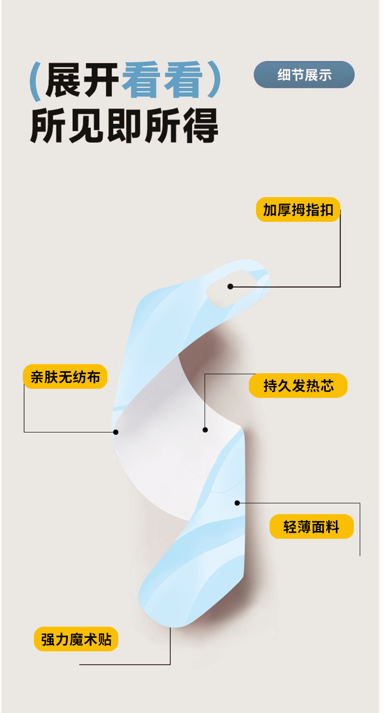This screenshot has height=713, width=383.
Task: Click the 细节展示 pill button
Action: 304,75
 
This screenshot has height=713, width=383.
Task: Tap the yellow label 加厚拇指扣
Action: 298,210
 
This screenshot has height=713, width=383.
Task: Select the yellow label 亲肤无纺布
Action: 64,377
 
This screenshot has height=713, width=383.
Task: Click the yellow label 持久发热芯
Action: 298,386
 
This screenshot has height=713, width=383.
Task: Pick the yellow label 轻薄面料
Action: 311,527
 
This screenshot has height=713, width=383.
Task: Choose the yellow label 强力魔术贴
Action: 76,639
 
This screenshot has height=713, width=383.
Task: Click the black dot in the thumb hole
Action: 230,286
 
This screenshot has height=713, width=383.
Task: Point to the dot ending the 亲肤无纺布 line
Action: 115,431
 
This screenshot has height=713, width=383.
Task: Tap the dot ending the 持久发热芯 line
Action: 205,430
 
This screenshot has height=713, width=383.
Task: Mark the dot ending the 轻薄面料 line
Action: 237,503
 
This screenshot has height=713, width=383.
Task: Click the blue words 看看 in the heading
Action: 161,81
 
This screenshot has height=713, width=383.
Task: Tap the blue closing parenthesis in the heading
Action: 213,81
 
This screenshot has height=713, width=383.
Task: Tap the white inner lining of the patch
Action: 165,451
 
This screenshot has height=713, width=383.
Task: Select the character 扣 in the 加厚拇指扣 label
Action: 327,210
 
